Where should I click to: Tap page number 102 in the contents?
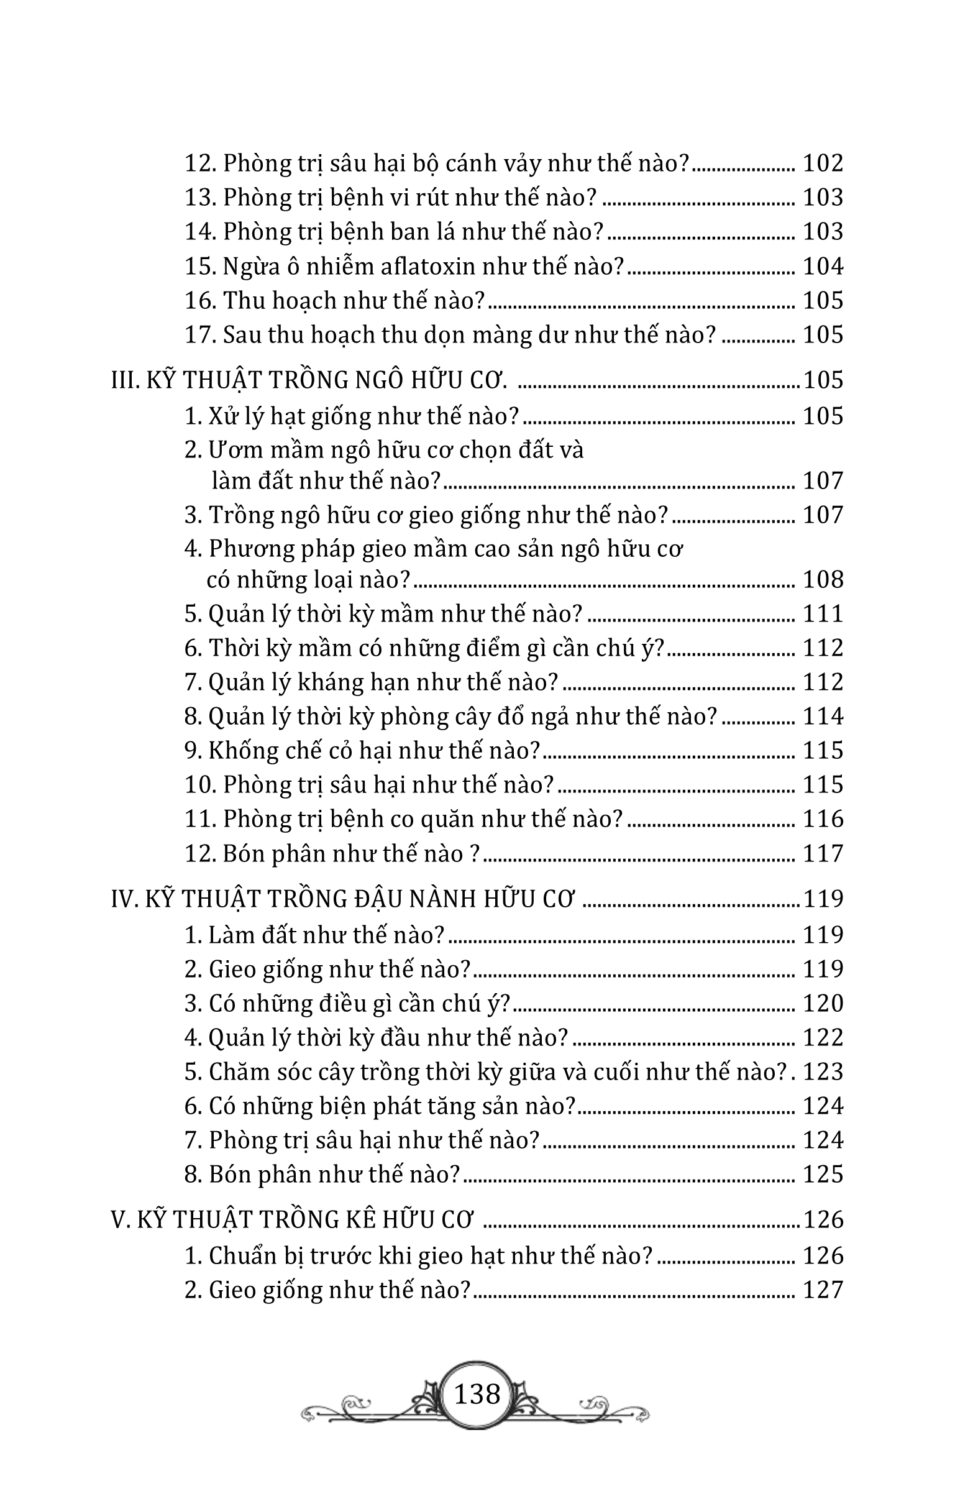(x=823, y=163)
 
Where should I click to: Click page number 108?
(x=823, y=580)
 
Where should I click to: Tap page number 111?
(x=823, y=614)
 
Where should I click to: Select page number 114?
(x=823, y=717)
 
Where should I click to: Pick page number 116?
(x=823, y=819)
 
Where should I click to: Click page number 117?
(x=823, y=853)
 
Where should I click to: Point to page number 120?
(x=823, y=1004)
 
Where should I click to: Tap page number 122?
(x=823, y=1038)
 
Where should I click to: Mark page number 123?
(x=823, y=1073)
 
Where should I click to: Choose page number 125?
(x=823, y=1175)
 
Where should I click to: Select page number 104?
(x=823, y=267)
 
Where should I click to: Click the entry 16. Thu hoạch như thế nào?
(x=335, y=301)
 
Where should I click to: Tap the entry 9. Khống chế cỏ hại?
(x=362, y=751)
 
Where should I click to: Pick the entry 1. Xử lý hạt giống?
(x=352, y=416)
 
